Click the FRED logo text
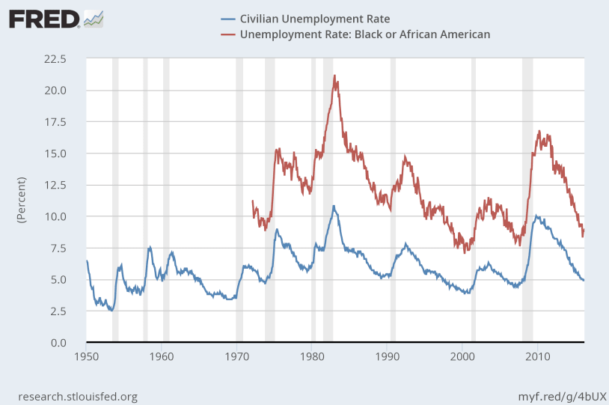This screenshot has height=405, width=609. point(44,18)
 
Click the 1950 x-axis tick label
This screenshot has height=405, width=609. point(87,356)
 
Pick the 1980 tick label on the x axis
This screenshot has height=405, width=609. point(312,356)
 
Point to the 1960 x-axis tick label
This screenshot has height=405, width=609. point(162,356)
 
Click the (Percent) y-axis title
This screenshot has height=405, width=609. point(21,201)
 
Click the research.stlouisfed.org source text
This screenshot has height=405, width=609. point(77,395)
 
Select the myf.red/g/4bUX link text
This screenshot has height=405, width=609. point(560,395)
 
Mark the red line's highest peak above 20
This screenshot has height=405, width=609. point(334,76)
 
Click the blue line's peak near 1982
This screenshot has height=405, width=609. point(334,206)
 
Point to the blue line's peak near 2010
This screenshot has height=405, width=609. point(534,216)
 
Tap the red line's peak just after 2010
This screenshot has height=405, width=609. point(539,131)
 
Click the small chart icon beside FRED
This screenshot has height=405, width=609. point(94,19)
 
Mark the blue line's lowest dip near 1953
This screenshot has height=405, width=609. point(111,310)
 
